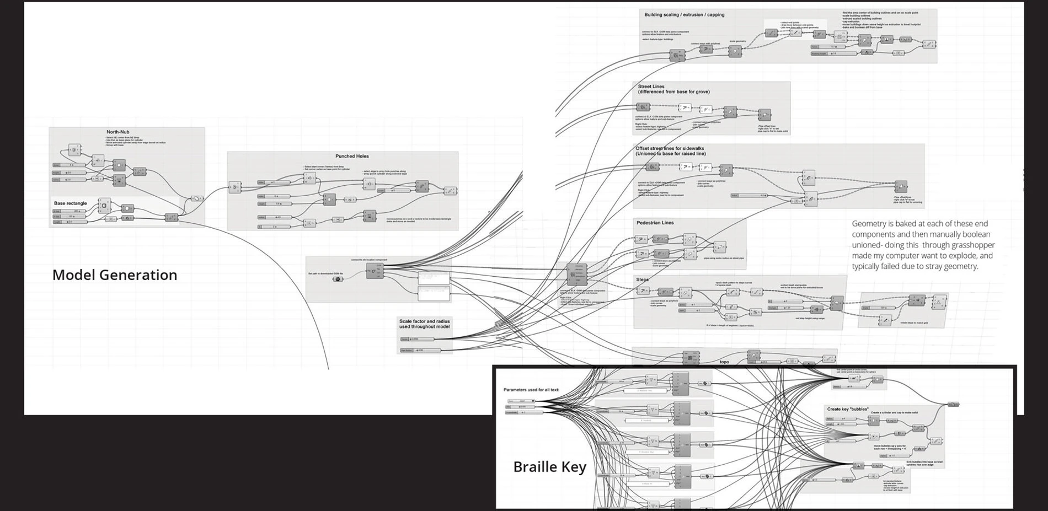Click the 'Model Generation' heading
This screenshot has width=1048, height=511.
[115, 275]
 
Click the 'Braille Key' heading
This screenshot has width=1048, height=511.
[549, 467]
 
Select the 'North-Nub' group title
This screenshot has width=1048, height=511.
[118, 132]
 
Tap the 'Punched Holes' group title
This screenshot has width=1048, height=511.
[352, 157]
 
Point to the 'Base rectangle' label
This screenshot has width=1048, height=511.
[70, 203]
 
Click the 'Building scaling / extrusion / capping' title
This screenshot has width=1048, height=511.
[684, 15]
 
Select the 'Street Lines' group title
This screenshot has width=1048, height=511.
[651, 87]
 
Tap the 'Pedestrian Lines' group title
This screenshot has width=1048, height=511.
[655, 223]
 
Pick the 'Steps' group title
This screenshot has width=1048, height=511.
[642, 279]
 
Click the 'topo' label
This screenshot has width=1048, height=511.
[724, 362]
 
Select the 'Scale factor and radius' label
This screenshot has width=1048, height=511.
[424, 321]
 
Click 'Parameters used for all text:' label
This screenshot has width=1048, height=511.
[531, 390]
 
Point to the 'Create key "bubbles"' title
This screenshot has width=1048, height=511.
[848, 409]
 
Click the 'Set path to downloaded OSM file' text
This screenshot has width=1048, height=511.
[325, 273]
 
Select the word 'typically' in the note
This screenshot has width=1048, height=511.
[868, 267]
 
